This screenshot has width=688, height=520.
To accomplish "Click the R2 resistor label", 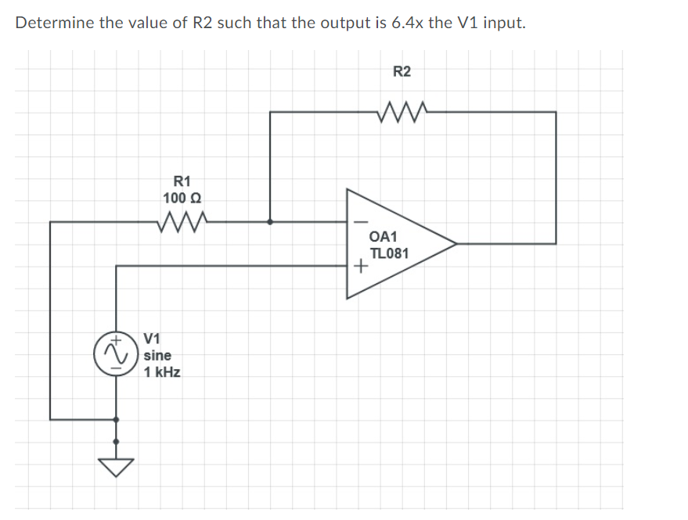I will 401,72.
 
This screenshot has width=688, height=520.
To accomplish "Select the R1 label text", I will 182,181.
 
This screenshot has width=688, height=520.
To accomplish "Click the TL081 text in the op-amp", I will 388,253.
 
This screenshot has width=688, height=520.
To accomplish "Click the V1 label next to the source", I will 153,339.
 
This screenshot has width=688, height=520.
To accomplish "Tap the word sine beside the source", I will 157,355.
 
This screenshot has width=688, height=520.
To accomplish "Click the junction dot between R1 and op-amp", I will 270,222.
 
